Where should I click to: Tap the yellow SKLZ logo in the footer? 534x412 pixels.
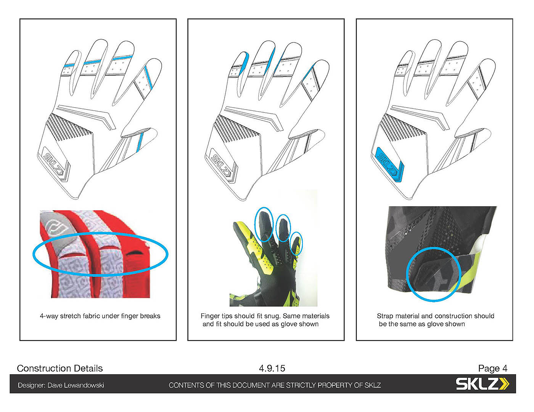coord(483,384)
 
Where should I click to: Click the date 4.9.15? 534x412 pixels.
coord(272,368)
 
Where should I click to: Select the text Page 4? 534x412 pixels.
coord(492,368)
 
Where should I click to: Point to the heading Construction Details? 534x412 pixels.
coord(60,368)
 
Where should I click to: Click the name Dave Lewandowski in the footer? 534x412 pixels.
coord(76,385)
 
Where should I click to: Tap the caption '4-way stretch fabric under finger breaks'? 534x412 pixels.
coord(100,316)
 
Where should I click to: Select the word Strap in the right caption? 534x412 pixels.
coord(385,316)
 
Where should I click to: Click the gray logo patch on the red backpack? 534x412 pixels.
coord(55,231)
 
